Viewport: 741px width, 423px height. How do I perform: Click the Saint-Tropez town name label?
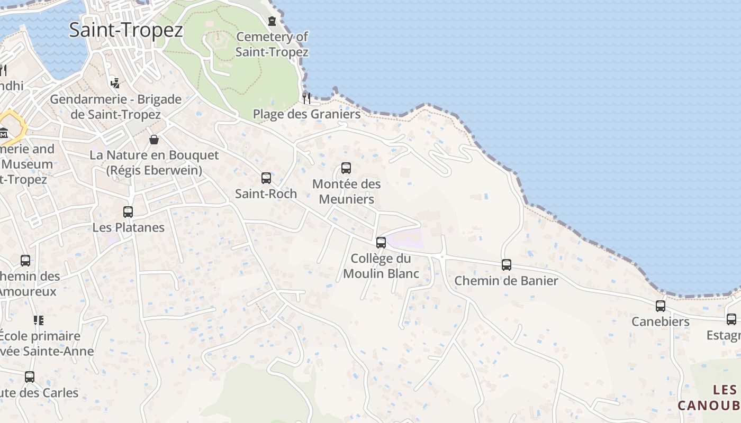coord(126,30)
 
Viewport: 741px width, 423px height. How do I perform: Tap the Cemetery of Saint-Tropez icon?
coord(272,21)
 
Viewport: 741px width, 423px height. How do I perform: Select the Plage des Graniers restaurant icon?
coord(306,98)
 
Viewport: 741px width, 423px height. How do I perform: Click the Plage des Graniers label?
coord(306,114)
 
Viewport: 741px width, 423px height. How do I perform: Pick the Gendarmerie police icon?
coord(115,83)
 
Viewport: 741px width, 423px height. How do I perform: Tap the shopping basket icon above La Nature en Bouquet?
coord(154,140)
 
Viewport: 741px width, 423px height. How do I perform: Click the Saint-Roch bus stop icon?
coord(266,178)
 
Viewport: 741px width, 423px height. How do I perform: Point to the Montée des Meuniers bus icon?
coord(346,168)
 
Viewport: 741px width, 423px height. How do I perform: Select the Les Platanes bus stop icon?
coord(128,212)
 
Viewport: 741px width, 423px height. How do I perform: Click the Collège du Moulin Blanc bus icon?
coord(381,243)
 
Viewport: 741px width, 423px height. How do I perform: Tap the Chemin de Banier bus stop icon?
coord(507,265)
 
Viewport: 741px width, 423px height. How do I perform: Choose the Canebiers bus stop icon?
coord(661,306)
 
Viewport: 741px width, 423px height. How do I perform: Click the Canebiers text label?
coord(661,321)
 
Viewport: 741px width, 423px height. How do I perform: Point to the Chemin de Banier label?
coord(507,281)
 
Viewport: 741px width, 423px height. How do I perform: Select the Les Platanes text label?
coord(129,228)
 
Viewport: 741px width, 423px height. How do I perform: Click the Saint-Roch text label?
coord(266,194)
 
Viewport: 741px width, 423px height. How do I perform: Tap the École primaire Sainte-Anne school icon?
coord(38,320)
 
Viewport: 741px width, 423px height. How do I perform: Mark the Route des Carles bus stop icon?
coord(30,377)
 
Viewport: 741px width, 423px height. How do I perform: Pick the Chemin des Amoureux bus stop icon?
coord(25,260)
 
